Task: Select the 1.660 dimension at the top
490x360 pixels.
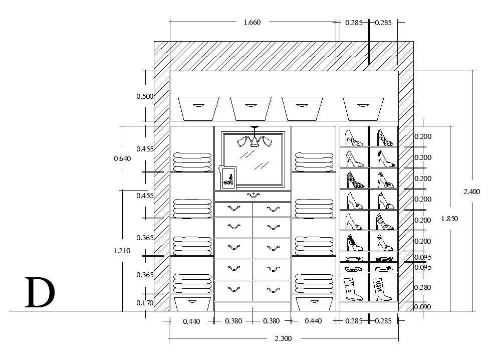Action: pos(252,22)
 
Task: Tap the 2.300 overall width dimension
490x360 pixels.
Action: pos(283,338)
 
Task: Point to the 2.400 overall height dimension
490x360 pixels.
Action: pos(471,191)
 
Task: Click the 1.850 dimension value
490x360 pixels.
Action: pos(449,219)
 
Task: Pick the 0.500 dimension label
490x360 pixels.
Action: pos(145,96)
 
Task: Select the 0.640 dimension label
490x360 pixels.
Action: pos(122,158)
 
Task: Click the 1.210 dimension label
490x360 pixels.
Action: pos(122,251)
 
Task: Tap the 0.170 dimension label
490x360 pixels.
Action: pos(145,303)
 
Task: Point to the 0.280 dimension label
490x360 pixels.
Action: pos(422,287)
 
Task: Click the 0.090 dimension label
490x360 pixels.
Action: pos(422,307)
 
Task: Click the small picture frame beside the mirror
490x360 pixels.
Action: pos(228,178)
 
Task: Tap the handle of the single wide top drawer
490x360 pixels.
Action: pos(253,195)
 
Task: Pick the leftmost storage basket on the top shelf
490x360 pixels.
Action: pos(199,108)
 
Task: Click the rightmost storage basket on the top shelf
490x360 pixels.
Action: pos(362,108)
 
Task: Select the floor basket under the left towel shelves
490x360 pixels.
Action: pos(192,303)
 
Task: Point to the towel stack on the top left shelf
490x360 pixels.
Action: pos(192,162)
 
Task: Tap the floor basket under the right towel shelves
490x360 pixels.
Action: pos(314,303)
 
